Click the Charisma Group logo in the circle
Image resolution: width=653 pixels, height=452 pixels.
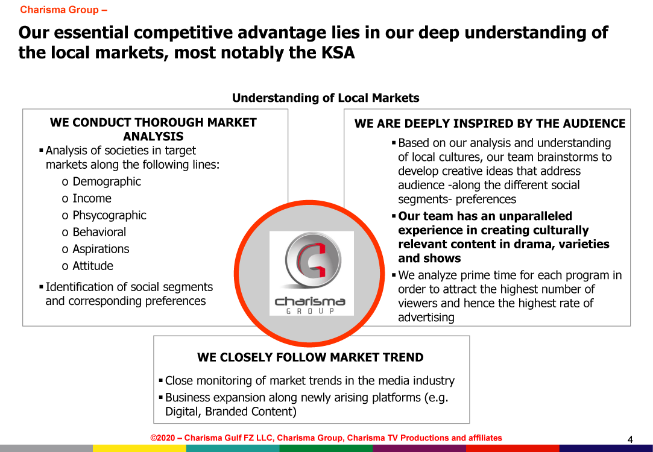pyautogui.click(x=312, y=273)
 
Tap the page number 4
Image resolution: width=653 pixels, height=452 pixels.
pyautogui.click(x=630, y=439)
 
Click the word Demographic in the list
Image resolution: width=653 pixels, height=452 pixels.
pyautogui.click(x=107, y=181)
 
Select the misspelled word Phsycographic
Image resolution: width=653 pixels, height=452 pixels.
pyautogui.click(x=109, y=215)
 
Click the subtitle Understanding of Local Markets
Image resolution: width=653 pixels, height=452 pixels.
pyautogui.click(x=326, y=98)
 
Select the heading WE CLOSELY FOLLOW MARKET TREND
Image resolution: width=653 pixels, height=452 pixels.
pyautogui.click(x=311, y=357)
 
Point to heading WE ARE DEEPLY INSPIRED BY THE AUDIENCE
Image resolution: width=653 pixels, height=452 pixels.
pyautogui.click(x=490, y=124)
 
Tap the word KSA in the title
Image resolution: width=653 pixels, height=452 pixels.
pyautogui.click(x=338, y=53)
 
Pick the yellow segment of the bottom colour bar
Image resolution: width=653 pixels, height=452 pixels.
pyautogui.click(x=139, y=448)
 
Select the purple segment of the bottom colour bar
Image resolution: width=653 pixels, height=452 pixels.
pyautogui.click(x=420, y=448)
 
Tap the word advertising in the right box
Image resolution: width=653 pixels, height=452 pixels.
pyautogui.click(x=426, y=317)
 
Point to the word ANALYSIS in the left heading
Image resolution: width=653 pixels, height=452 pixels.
pyautogui.click(x=153, y=137)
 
